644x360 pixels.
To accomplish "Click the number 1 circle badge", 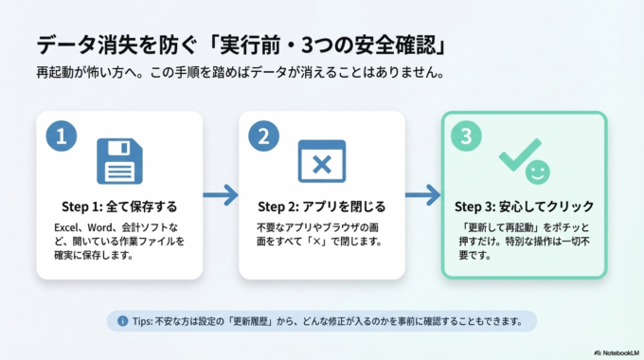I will pos(62,135).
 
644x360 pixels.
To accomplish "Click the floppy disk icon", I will pos(119,161).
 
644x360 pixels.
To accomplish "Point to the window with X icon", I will pos(321,161).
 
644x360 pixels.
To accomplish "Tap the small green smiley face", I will pos(537,172).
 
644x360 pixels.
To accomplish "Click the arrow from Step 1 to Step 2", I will pos(221,196).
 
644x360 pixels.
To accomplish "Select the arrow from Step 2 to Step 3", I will pos(422,196).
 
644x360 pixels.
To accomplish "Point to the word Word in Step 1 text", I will pos(101,228).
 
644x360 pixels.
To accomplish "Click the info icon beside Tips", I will pos(122,321).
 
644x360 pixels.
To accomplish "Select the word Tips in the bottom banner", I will pos(141,321).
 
